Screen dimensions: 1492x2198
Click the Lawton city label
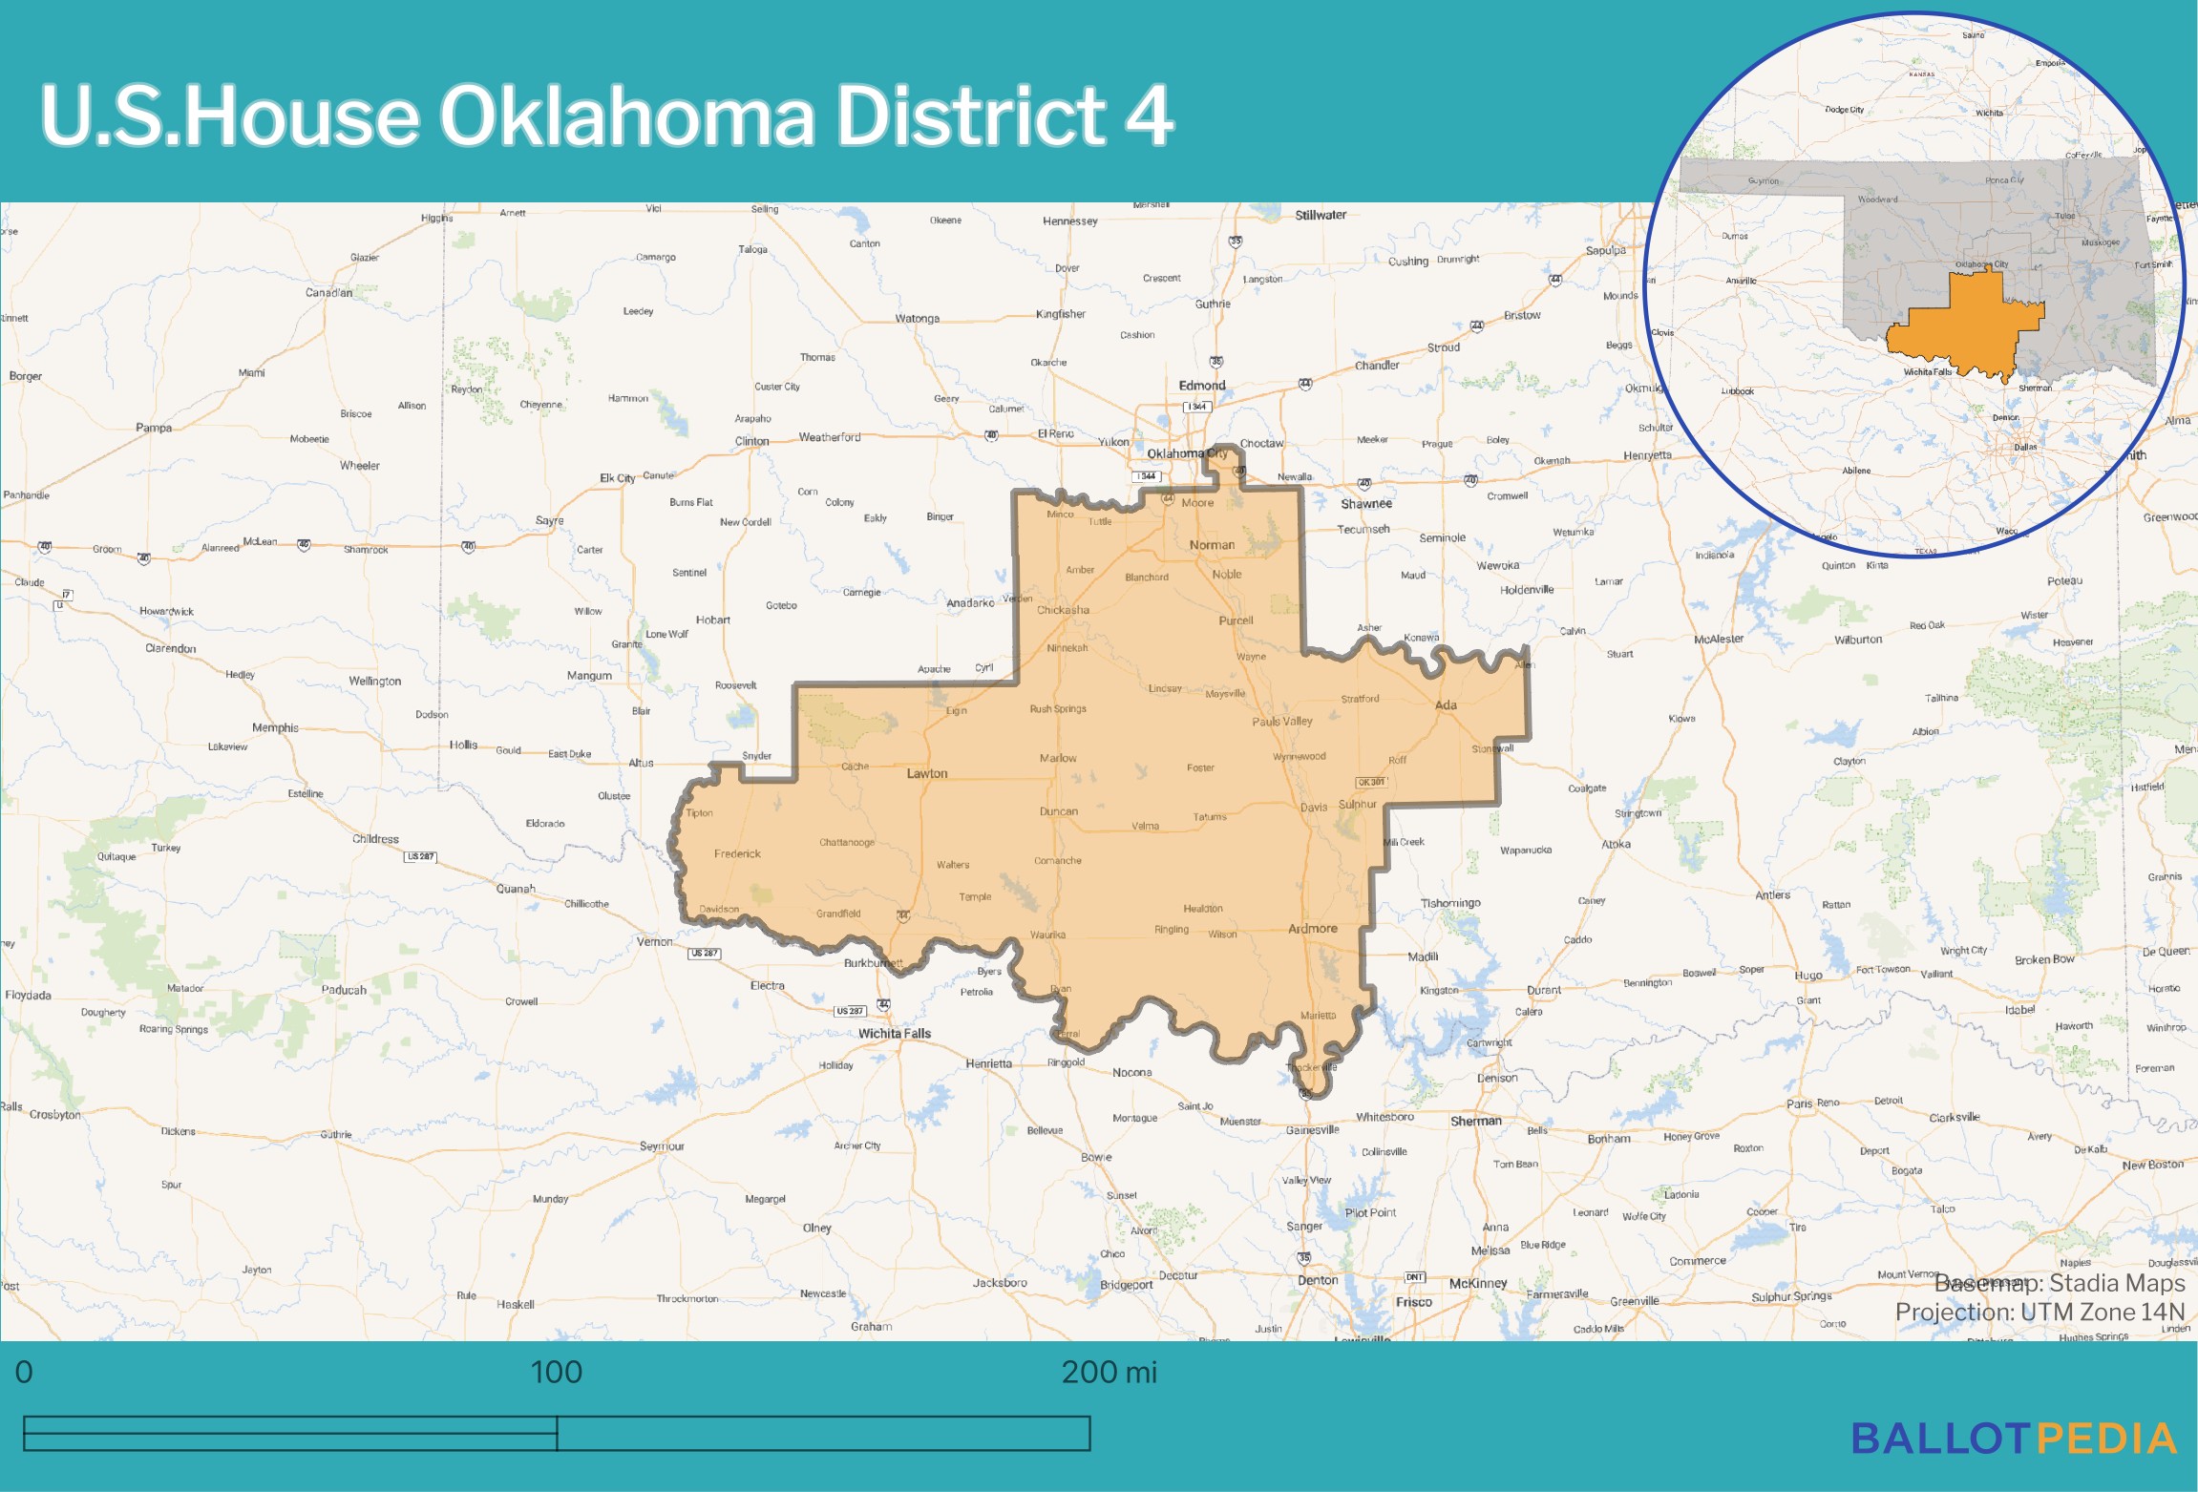[x=926, y=773]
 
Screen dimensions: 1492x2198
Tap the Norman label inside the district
[x=1212, y=545]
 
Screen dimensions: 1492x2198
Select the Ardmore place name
[x=1312, y=929]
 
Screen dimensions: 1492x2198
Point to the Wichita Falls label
[x=894, y=1034]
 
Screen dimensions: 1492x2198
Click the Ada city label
[x=1446, y=705]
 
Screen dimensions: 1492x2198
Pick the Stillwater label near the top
[x=1321, y=216]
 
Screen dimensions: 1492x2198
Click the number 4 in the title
[x=1150, y=116]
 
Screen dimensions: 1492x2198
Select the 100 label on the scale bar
[x=556, y=1373]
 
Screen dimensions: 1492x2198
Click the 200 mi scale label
[x=1109, y=1373]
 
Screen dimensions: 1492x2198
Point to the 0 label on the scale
[x=24, y=1373]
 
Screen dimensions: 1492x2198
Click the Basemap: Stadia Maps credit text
[x=2060, y=1283]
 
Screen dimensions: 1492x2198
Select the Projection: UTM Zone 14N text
[x=2039, y=1313]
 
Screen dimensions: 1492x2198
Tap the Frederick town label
[x=737, y=854]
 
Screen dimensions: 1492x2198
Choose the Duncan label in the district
[x=1058, y=812]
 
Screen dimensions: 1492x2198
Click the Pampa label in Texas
[x=154, y=428]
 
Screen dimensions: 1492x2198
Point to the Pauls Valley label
[x=1282, y=722]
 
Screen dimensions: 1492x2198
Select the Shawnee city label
[x=1365, y=504]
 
